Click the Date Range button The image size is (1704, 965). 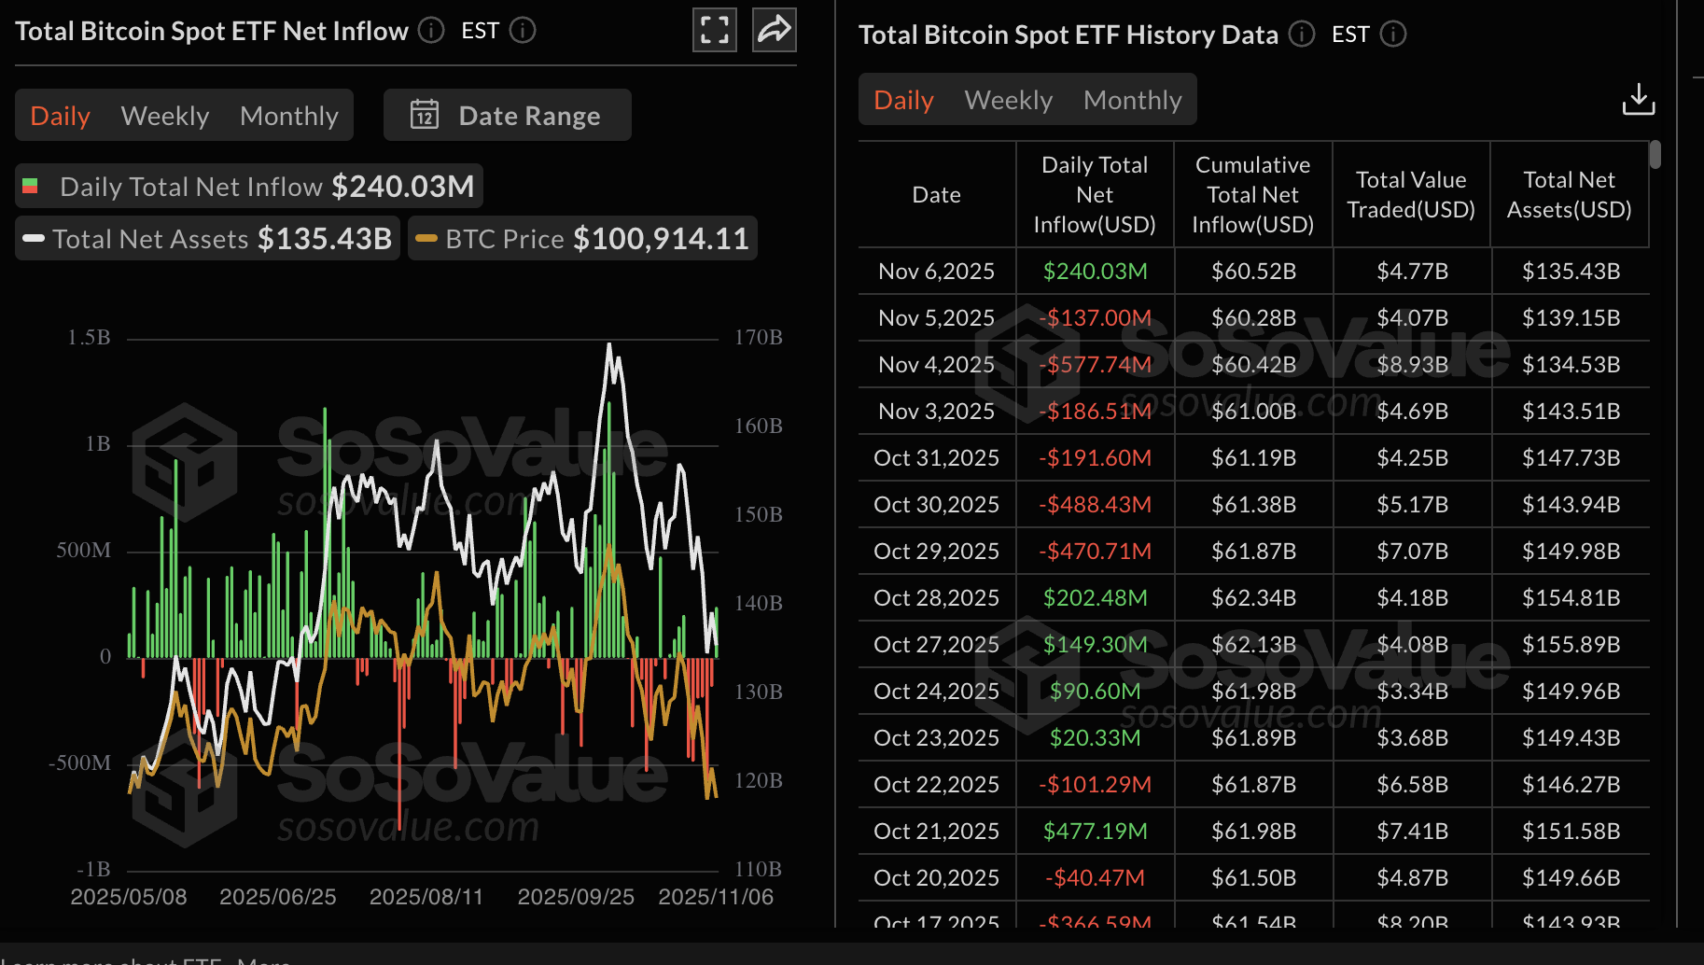[x=507, y=116]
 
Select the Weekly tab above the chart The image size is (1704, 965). [x=165, y=116]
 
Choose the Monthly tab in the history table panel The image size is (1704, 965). [x=1132, y=100]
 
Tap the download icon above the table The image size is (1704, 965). [x=1638, y=100]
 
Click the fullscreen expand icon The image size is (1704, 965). [x=715, y=30]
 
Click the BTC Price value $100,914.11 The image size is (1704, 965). [x=661, y=239]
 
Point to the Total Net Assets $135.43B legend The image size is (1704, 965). [x=208, y=239]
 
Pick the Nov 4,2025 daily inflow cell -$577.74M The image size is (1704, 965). [x=1095, y=365]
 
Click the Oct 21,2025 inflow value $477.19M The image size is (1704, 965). [x=1095, y=832]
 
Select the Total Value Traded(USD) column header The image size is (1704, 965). [x=1411, y=195]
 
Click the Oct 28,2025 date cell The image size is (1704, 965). [x=936, y=598]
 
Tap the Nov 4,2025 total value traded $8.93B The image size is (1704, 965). [x=1412, y=365]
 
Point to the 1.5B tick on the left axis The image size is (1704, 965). [x=89, y=338]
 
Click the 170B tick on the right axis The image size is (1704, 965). [x=758, y=338]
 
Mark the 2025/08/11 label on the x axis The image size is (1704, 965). [x=426, y=897]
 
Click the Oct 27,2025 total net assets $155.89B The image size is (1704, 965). [x=1571, y=645]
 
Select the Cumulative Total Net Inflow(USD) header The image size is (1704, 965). [x=1252, y=195]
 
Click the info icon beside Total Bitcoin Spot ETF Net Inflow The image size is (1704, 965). [x=431, y=30]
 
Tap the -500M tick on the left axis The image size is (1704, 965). [x=80, y=763]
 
